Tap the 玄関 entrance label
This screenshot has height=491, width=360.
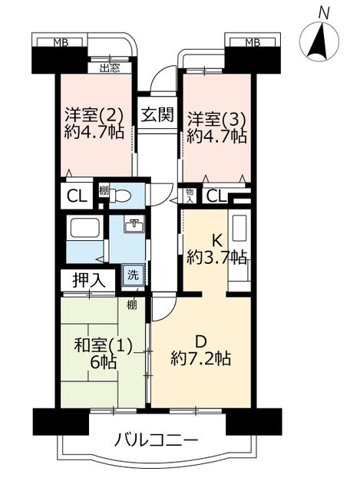157,114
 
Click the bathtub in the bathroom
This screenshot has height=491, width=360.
84,227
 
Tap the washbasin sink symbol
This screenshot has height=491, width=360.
134,225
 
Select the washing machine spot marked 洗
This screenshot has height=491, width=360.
134,275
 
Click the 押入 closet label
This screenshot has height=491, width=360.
89,279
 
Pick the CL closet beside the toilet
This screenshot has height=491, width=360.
77,197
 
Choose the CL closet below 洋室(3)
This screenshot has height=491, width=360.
216,197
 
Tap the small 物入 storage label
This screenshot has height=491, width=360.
189,196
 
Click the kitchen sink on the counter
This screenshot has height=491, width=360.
239,228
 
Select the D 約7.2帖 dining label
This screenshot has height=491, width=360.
201,351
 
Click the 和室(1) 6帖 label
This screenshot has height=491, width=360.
103,354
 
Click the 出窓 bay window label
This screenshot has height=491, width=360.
110,68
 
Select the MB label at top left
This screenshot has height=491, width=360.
61,43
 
